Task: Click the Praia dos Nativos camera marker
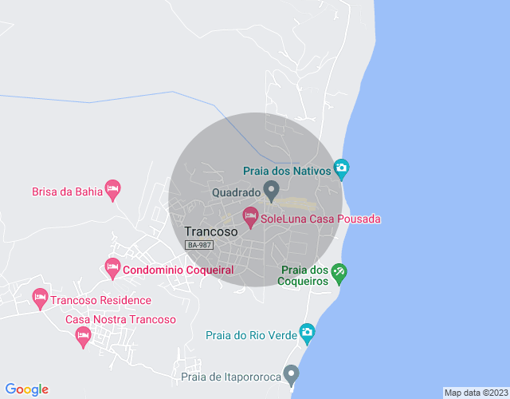(x=342, y=167)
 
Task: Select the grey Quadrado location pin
(x=271, y=190)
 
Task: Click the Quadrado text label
(x=236, y=192)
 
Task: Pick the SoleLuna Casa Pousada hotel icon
(x=250, y=215)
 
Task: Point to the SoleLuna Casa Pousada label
(x=321, y=219)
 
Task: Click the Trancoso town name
(x=211, y=231)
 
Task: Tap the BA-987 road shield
(x=198, y=245)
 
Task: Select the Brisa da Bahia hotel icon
(x=112, y=188)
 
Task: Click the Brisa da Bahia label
(x=64, y=192)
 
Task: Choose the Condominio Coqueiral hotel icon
(x=112, y=266)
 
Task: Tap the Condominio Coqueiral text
(x=178, y=271)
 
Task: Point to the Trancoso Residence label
(x=100, y=301)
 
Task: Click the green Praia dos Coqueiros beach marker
(x=339, y=273)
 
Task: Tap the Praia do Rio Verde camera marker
(x=307, y=332)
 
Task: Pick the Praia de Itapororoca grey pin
(x=292, y=373)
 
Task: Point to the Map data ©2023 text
(x=475, y=393)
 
